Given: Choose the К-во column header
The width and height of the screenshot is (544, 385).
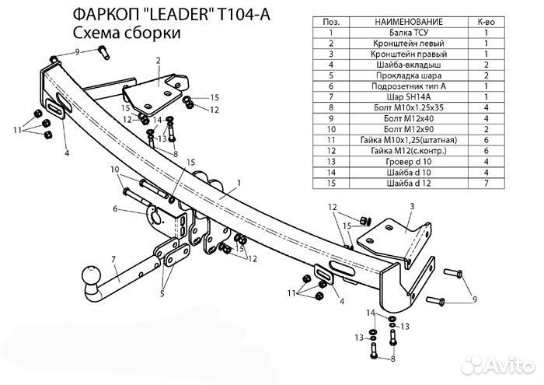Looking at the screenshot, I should pyautogui.click(x=486, y=22).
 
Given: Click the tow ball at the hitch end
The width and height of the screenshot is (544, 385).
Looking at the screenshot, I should pyautogui.click(x=92, y=276).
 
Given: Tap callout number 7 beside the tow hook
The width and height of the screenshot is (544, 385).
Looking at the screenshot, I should pyautogui.click(x=113, y=259).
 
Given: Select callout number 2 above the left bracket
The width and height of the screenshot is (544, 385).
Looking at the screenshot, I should pyautogui.click(x=158, y=60).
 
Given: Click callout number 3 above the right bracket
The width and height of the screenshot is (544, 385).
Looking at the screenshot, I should pyautogui.click(x=413, y=205).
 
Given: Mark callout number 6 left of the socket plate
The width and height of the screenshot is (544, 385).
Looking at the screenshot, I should pyautogui.click(x=114, y=209).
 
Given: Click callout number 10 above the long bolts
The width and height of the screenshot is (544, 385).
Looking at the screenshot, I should pyautogui.click(x=115, y=169).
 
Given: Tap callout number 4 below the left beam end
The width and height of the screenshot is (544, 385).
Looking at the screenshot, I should pyautogui.click(x=67, y=153).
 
